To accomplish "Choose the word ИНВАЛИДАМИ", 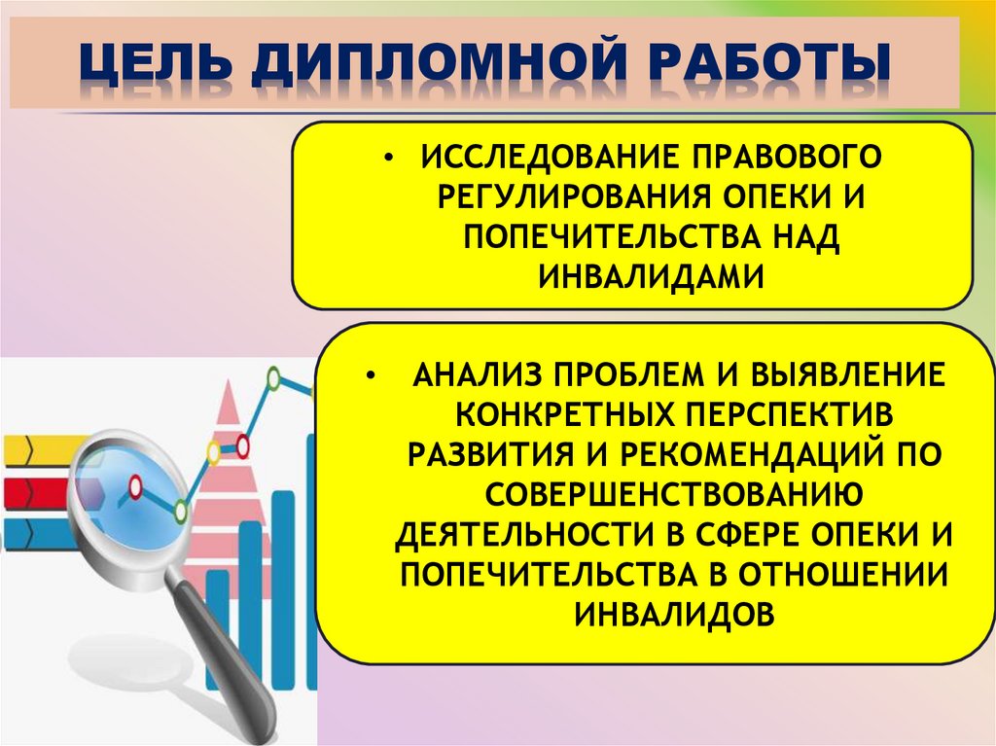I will (648, 274).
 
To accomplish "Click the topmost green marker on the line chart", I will (274, 376).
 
